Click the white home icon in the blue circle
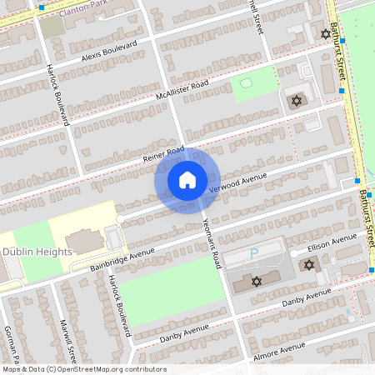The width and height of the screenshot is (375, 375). pos(187,180)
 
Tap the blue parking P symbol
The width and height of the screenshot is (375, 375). pos(254,252)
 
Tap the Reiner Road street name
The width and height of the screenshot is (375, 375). pos(162,153)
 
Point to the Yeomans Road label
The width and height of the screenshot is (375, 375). pos(212,238)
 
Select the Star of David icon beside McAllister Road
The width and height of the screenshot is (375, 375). pos(293,100)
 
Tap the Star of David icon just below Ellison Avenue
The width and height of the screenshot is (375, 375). pos(309,265)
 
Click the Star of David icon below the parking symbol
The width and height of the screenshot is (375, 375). pos(256,282)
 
